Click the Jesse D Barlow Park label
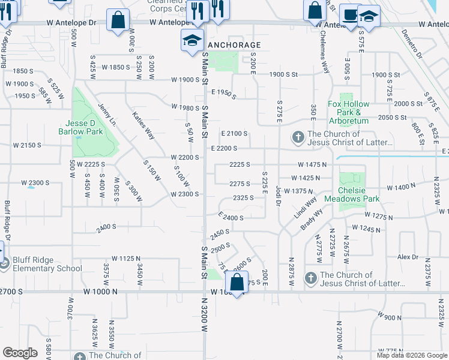click(84, 127)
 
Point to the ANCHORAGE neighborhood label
click(234, 45)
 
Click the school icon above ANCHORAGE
click(192, 40)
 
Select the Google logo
click(20, 352)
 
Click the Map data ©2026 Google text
click(411, 354)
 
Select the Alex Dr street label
click(408, 256)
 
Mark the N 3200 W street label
click(203, 319)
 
